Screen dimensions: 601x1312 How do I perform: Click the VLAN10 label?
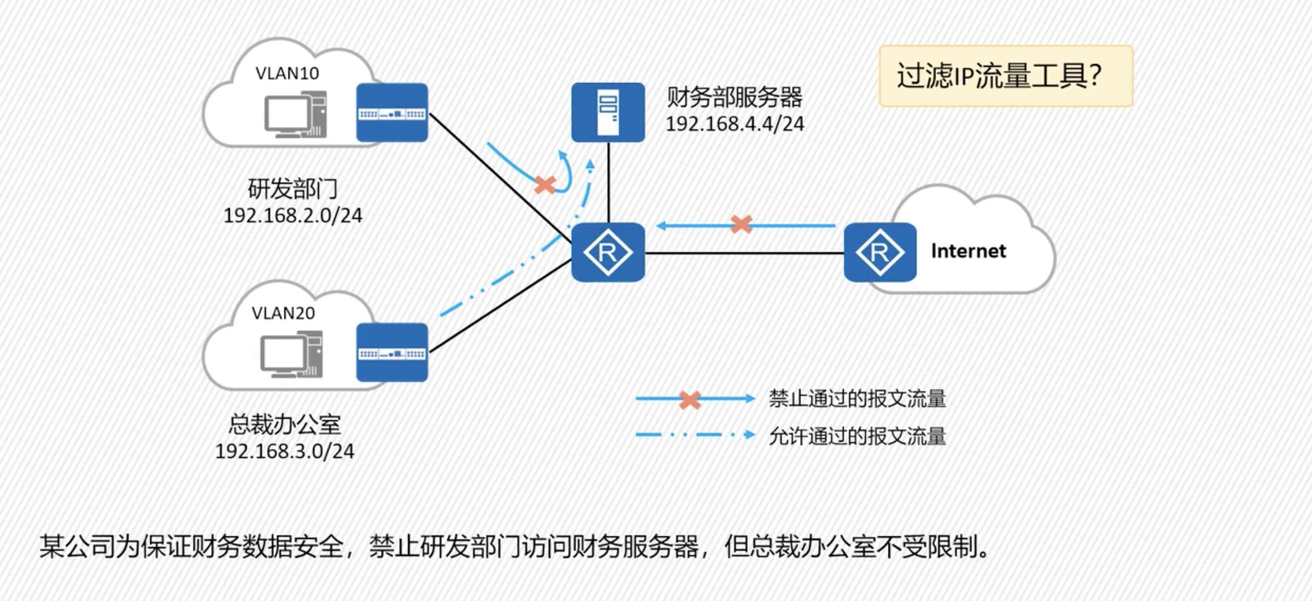tap(287, 74)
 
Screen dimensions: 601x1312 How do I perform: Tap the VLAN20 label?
tap(283, 313)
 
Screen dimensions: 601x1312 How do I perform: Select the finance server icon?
tap(608, 112)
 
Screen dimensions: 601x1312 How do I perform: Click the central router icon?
tap(608, 252)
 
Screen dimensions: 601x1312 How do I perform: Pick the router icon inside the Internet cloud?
tap(880, 252)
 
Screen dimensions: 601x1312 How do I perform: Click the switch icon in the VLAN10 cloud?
tap(392, 113)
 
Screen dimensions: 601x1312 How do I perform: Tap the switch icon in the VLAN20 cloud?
tap(392, 352)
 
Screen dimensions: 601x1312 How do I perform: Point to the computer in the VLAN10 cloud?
tap(295, 115)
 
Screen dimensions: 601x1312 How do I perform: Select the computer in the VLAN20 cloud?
tap(292, 354)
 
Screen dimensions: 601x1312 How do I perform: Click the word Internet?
tap(968, 251)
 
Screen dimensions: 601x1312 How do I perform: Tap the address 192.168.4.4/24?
tap(735, 124)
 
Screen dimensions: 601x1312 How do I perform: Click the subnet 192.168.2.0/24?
tap(293, 216)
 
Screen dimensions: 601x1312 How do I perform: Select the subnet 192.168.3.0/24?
tap(285, 451)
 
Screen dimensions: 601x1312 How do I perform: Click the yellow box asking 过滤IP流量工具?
tap(1005, 76)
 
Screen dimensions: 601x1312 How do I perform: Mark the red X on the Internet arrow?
tap(741, 224)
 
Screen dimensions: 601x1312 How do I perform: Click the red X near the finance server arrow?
tap(545, 184)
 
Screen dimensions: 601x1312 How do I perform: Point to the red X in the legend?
tap(690, 399)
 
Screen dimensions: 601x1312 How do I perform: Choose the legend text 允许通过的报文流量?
tap(857, 436)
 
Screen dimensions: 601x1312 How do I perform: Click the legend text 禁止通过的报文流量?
tap(857, 399)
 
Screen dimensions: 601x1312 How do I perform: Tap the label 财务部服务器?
tap(735, 98)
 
